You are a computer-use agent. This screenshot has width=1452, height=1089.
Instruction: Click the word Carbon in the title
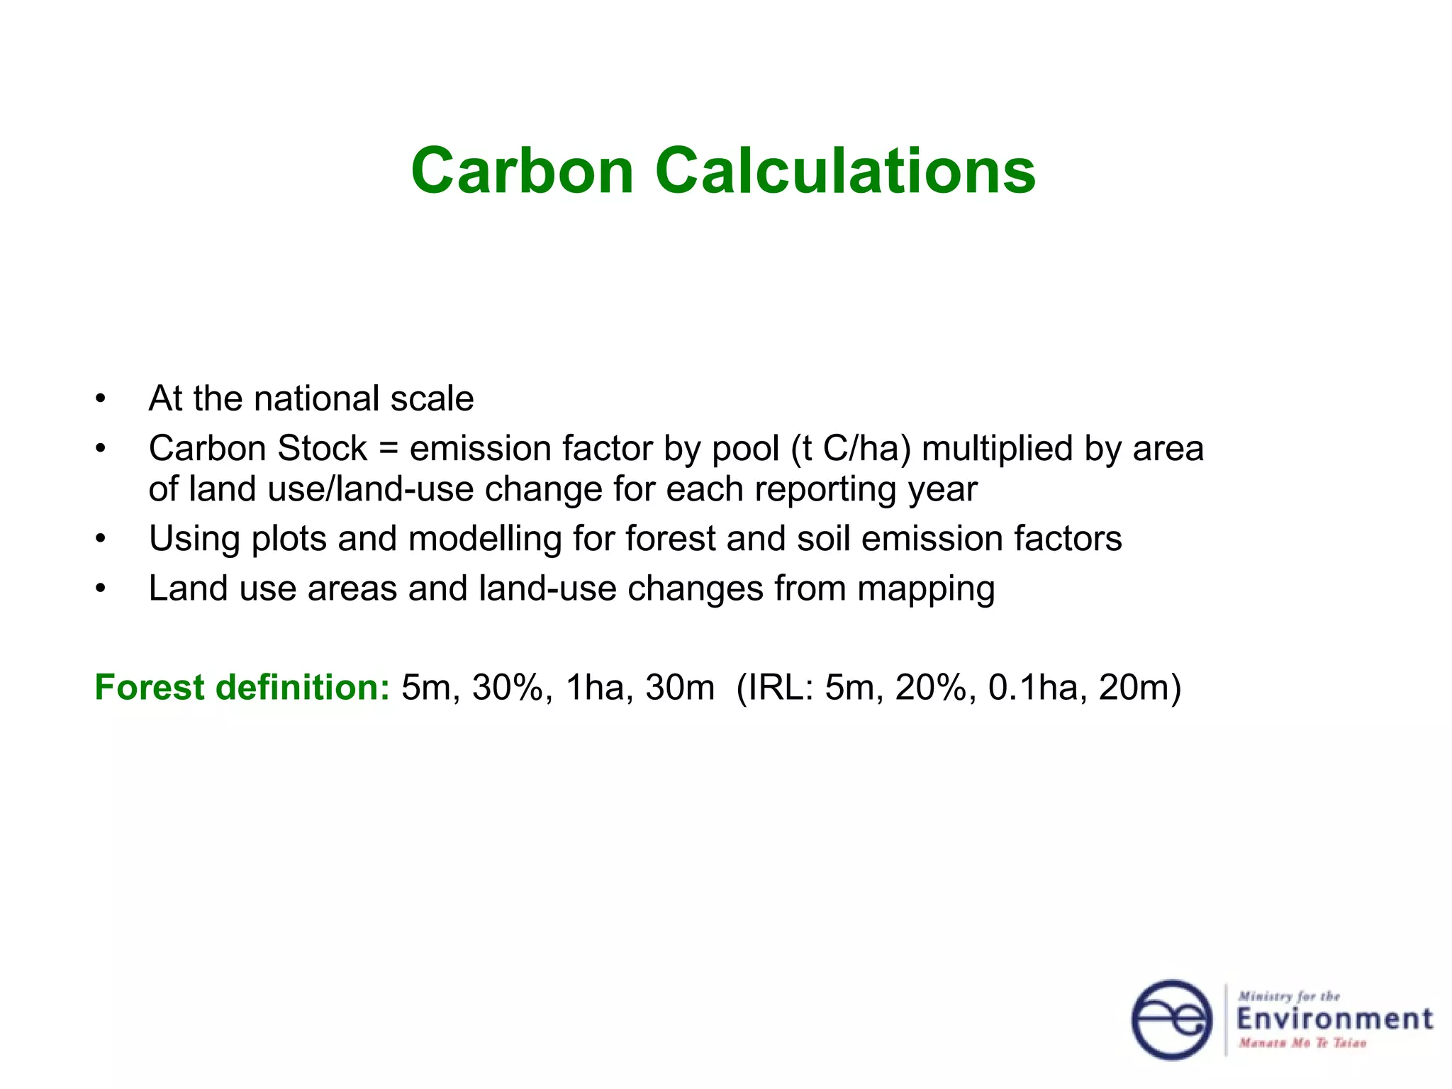[522, 171]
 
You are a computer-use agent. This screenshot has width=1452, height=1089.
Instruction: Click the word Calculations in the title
[845, 171]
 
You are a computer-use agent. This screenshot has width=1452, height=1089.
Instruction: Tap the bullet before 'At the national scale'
[101, 399]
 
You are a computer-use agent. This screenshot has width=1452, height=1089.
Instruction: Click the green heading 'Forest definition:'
[242, 688]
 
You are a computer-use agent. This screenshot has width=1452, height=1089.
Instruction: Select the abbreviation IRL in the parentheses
[781, 688]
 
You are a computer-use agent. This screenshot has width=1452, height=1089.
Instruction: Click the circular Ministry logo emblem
[1171, 1020]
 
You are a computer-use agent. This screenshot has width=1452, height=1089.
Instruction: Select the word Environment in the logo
[1334, 1020]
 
